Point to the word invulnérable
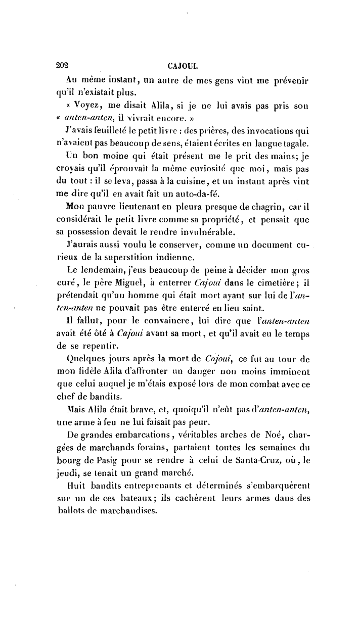tap(195, 233)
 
